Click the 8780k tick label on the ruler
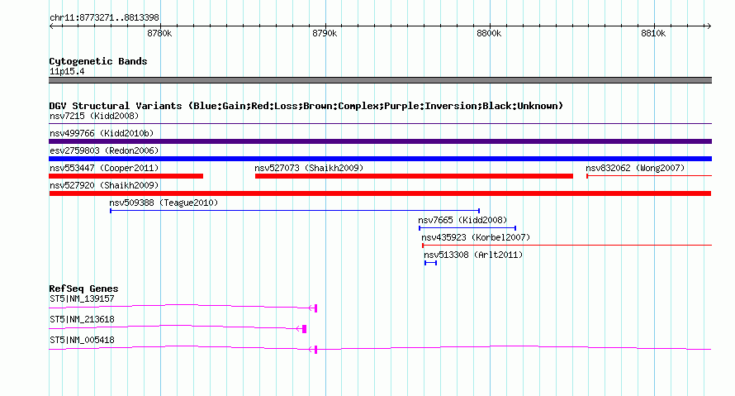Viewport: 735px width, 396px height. [159, 34]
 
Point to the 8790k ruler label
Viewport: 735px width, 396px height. [325, 34]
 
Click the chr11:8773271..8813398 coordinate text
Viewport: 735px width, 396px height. [104, 17]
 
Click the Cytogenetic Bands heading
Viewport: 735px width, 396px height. [98, 61]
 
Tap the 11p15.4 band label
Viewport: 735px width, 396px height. [67, 71]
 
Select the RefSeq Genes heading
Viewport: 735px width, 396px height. [83, 289]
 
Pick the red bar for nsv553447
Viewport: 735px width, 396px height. [126, 176]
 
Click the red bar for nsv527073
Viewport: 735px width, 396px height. [414, 176]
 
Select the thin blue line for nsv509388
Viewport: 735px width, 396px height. [295, 211]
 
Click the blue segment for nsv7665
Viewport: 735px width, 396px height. [467, 228]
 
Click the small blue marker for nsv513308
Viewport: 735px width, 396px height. [430, 263]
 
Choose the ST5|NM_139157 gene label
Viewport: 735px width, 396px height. [82, 298]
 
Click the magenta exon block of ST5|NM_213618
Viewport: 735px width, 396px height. [305, 329]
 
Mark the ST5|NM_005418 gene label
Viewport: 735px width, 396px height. [82, 340]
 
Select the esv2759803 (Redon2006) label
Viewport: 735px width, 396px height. [104, 150]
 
